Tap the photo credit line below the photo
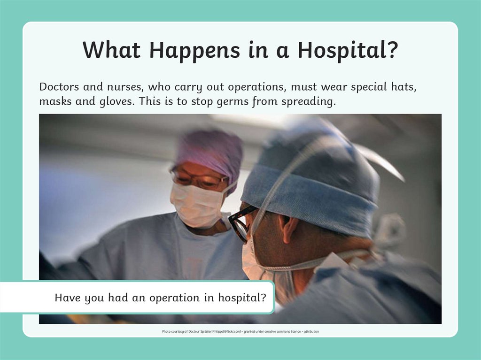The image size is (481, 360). tap(240, 331)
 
